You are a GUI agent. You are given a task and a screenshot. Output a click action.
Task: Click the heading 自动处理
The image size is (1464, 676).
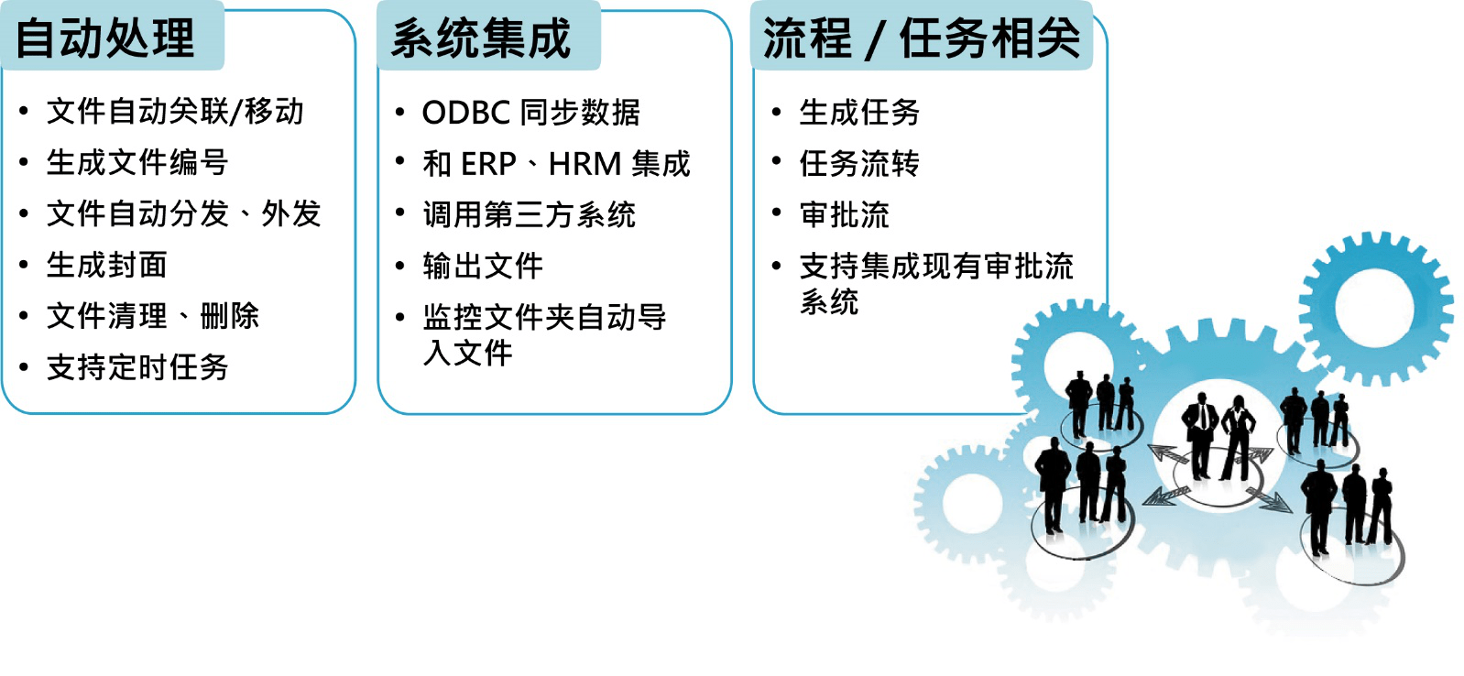click(x=104, y=38)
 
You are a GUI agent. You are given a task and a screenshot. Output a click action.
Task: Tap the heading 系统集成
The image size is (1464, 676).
click(x=480, y=38)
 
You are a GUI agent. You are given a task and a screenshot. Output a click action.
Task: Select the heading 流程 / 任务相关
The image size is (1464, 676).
click(x=922, y=38)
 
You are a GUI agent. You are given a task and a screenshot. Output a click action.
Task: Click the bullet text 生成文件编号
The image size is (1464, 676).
click(x=137, y=163)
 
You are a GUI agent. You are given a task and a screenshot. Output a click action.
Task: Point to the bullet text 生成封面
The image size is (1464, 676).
click(x=106, y=265)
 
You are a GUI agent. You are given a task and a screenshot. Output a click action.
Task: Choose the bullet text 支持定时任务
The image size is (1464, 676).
click(x=137, y=367)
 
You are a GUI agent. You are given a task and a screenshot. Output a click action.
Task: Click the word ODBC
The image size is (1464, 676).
click(x=466, y=113)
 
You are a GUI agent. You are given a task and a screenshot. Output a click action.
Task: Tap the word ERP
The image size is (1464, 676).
click(x=489, y=164)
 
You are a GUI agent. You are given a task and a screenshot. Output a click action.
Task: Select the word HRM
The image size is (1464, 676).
click(x=585, y=164)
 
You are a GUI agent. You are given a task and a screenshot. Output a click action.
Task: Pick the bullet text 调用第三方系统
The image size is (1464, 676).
click(x=529, y=214)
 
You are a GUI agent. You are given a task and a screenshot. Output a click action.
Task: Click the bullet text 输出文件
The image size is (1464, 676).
click(x=482, y=266)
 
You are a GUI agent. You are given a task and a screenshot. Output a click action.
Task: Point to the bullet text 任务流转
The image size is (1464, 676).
click(x=858, y=163)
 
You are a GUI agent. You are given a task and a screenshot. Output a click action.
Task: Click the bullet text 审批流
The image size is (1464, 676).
click(x=844, y=214)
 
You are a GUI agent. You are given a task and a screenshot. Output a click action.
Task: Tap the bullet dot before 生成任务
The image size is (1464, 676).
click(x=777, y=112)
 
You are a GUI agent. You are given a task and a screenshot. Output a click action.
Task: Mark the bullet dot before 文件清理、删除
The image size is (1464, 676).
click(x=24, y=316)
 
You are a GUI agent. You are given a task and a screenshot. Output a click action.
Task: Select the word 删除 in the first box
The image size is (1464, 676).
click(x=229, y=316)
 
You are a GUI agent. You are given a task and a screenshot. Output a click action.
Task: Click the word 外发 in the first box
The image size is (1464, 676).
click(x=290, y=213)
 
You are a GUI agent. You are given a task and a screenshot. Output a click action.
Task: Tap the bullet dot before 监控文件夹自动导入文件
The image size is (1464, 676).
click(x=400, y=317)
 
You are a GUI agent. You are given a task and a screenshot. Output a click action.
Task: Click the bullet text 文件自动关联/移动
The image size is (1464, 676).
click(x=175, y=111)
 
